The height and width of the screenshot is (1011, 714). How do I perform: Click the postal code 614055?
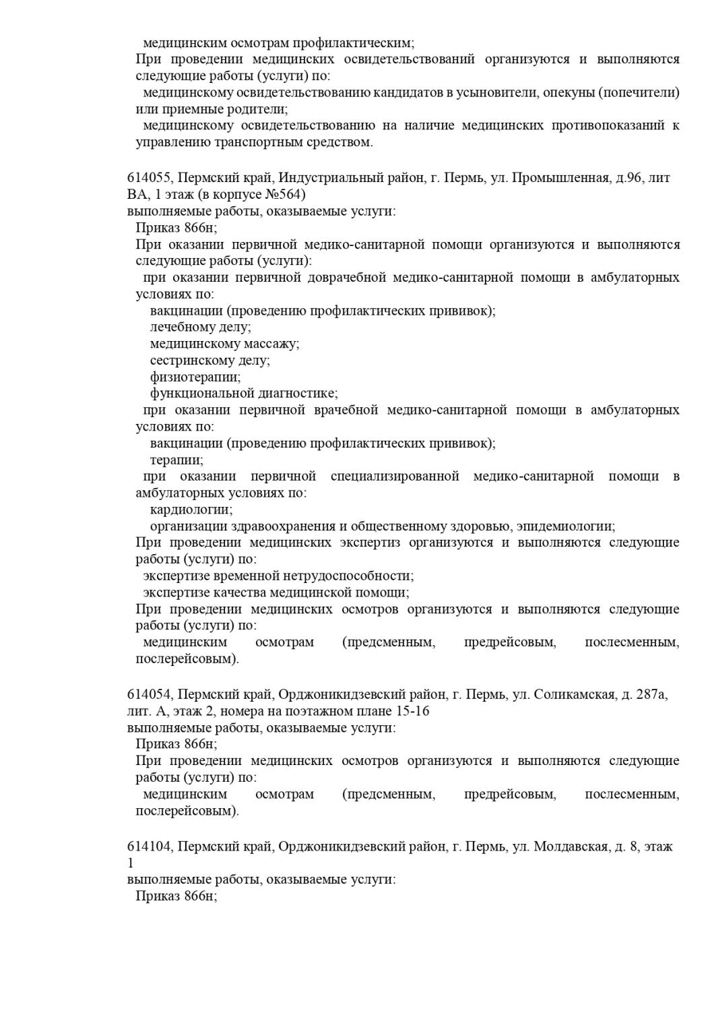tap(150, 179)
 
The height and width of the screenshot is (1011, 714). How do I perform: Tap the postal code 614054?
tap(150, 695)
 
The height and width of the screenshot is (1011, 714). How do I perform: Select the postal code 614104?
tap(150, 847)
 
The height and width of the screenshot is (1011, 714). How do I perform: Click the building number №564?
tap(286, 195)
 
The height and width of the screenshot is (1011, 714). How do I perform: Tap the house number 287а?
tap(651, 695)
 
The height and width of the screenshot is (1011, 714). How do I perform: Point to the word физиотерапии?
tap(195, 377)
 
